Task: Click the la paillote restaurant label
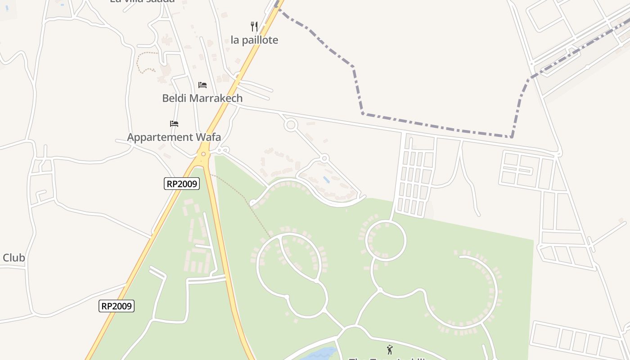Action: (254, 40)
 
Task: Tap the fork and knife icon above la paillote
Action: (254, 27)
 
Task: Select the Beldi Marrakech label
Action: (202, 98)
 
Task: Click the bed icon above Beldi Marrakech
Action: (202, 85)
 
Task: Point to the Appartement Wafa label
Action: (174, 137)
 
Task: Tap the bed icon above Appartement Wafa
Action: (174, 123)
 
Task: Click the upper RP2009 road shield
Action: (182, 184)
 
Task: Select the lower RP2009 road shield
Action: (117, 306)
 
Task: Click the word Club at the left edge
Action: (13, 258)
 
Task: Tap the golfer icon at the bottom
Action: (390, 349)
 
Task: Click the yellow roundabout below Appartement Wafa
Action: (203, 154)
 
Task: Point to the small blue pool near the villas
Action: (326, 180)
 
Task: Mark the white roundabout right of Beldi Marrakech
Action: (290, 125)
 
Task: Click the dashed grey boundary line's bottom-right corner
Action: (512, 137)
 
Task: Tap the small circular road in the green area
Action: (386, 240)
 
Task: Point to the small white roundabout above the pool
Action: (324, 158)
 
